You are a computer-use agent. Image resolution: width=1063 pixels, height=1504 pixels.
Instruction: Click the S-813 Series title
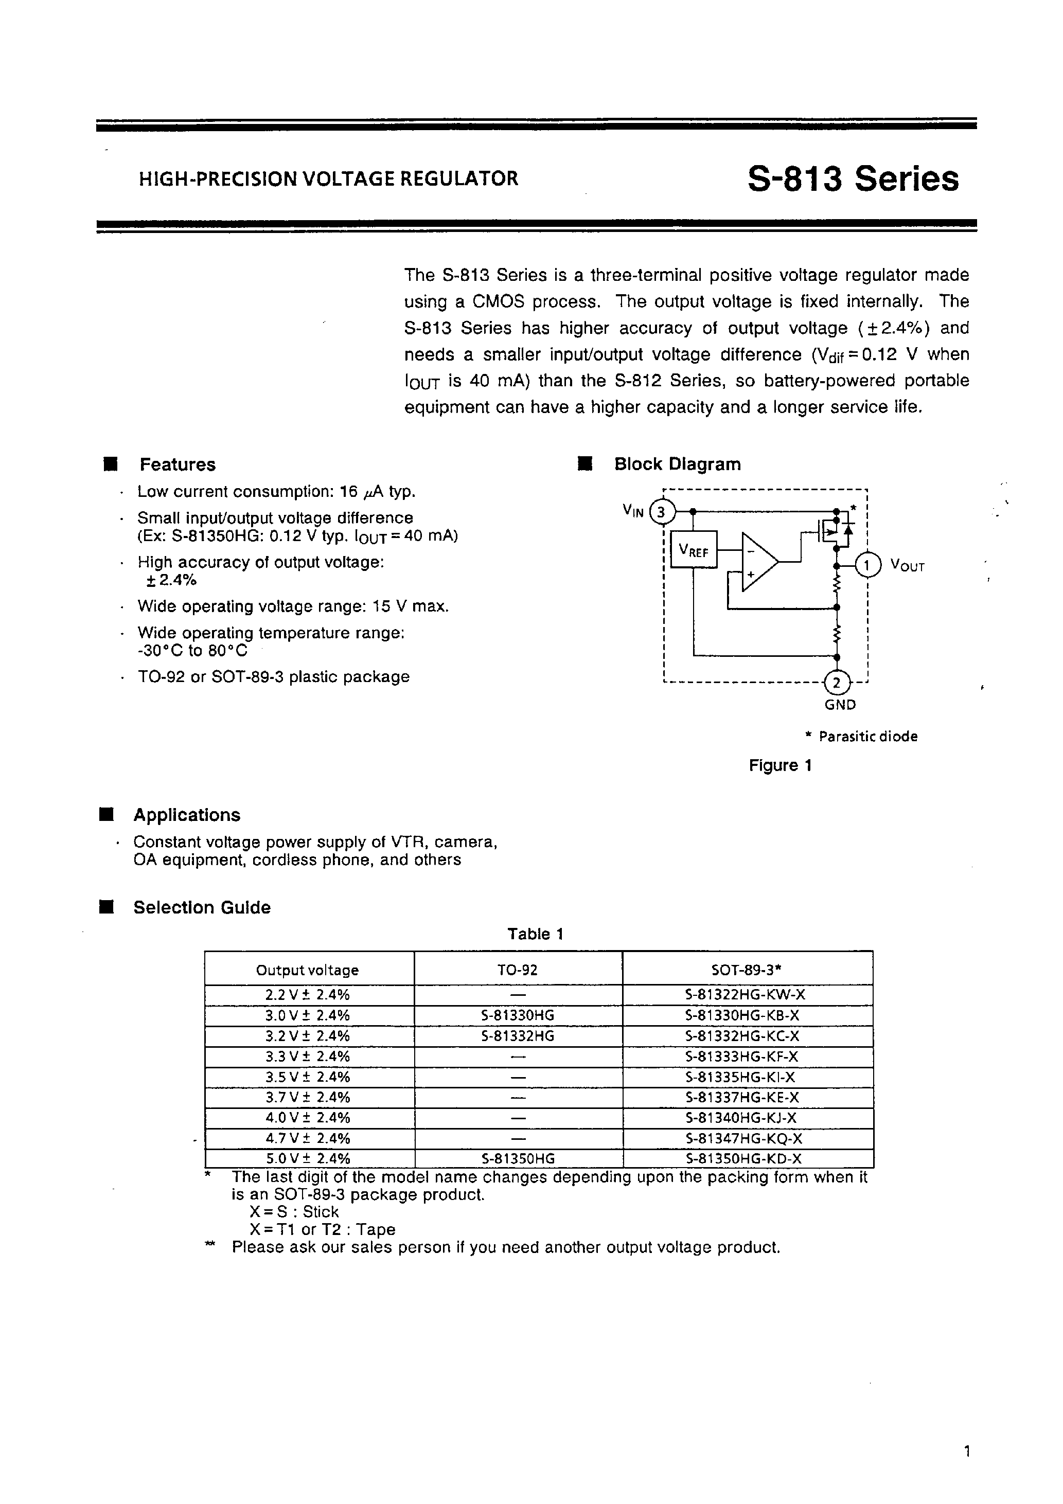tap(853, 179)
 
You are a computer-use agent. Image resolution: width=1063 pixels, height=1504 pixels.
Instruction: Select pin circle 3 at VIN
tap(662, 512)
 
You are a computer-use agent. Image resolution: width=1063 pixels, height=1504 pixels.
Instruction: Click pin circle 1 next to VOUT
tap(869, 565)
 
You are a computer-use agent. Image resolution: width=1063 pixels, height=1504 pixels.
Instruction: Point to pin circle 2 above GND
tap(836, 683)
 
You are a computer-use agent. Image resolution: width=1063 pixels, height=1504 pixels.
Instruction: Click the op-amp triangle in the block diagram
tap(757, 562)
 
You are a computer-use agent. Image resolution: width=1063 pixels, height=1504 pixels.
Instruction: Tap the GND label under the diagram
tap(840, 705)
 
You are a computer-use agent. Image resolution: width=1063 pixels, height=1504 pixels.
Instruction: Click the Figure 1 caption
tap(780, 765)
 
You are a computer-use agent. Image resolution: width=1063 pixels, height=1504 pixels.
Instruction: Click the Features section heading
tap(177, 464)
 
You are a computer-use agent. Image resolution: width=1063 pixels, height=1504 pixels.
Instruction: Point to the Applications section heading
tap(186, 815)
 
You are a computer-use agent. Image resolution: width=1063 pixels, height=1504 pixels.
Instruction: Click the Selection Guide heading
tap(201, 907)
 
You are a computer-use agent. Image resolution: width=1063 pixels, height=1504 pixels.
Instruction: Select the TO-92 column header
tap(517, 970)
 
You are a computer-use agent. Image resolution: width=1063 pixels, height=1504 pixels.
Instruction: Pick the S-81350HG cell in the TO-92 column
tap(518, 1158)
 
